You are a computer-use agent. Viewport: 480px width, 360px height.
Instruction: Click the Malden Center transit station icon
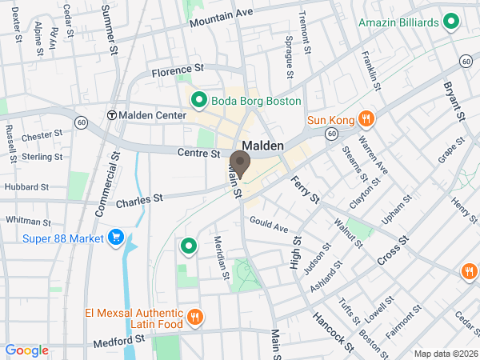coord(111,115)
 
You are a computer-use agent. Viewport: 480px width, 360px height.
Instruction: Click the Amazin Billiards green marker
coord(450,22)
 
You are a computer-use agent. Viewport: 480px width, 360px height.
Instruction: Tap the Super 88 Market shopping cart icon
coord(116,238)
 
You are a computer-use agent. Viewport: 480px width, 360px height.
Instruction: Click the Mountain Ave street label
coord(222,18)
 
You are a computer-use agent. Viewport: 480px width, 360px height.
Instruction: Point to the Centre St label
coord(198,152)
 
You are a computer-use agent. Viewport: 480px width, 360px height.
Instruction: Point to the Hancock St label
coord(333,331)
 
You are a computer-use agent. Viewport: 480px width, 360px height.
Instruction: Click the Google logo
coord(27,350)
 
